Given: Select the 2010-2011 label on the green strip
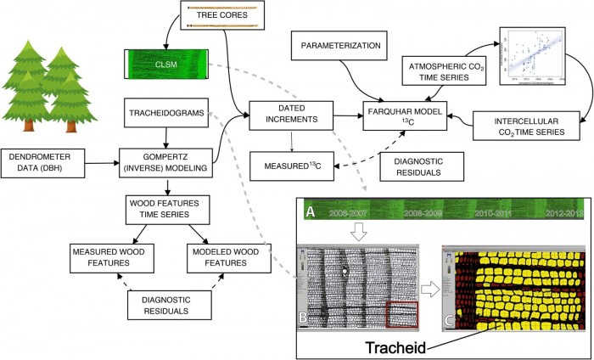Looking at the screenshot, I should [x=496, y=213].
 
